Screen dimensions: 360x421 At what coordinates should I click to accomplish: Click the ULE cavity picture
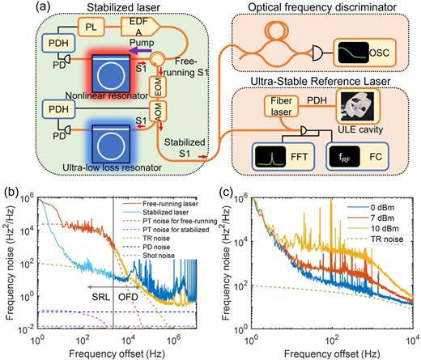363,106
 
